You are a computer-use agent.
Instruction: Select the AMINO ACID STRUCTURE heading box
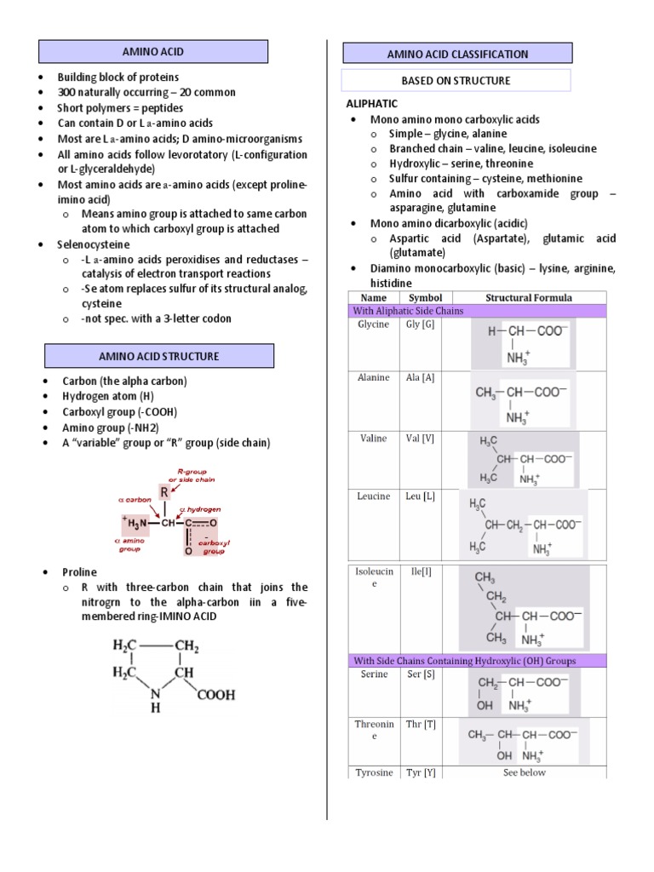click(x=158, y=356)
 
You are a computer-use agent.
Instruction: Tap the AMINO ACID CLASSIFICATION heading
click(x=457, y=54)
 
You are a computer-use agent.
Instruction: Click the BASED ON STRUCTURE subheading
click(x=456, y=81)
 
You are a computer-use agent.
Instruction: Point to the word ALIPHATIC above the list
click(x=371, y=104)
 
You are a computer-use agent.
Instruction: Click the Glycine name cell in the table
click(x=375, y=324)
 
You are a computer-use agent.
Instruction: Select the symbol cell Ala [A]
click(x=421, y=377)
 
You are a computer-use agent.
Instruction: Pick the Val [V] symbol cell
click(x=421, y=439)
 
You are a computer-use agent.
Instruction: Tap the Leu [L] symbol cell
click(x=421, y=496)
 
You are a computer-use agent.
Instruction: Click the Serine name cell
click(x=374, y=674)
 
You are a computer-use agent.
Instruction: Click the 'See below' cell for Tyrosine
click(x=525, y=772)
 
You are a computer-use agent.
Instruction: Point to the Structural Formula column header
click(x=528, y=298)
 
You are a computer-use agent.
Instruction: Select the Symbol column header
click(x=426, y=298)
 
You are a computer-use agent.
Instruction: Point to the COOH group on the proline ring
click(x=216, y=695)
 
